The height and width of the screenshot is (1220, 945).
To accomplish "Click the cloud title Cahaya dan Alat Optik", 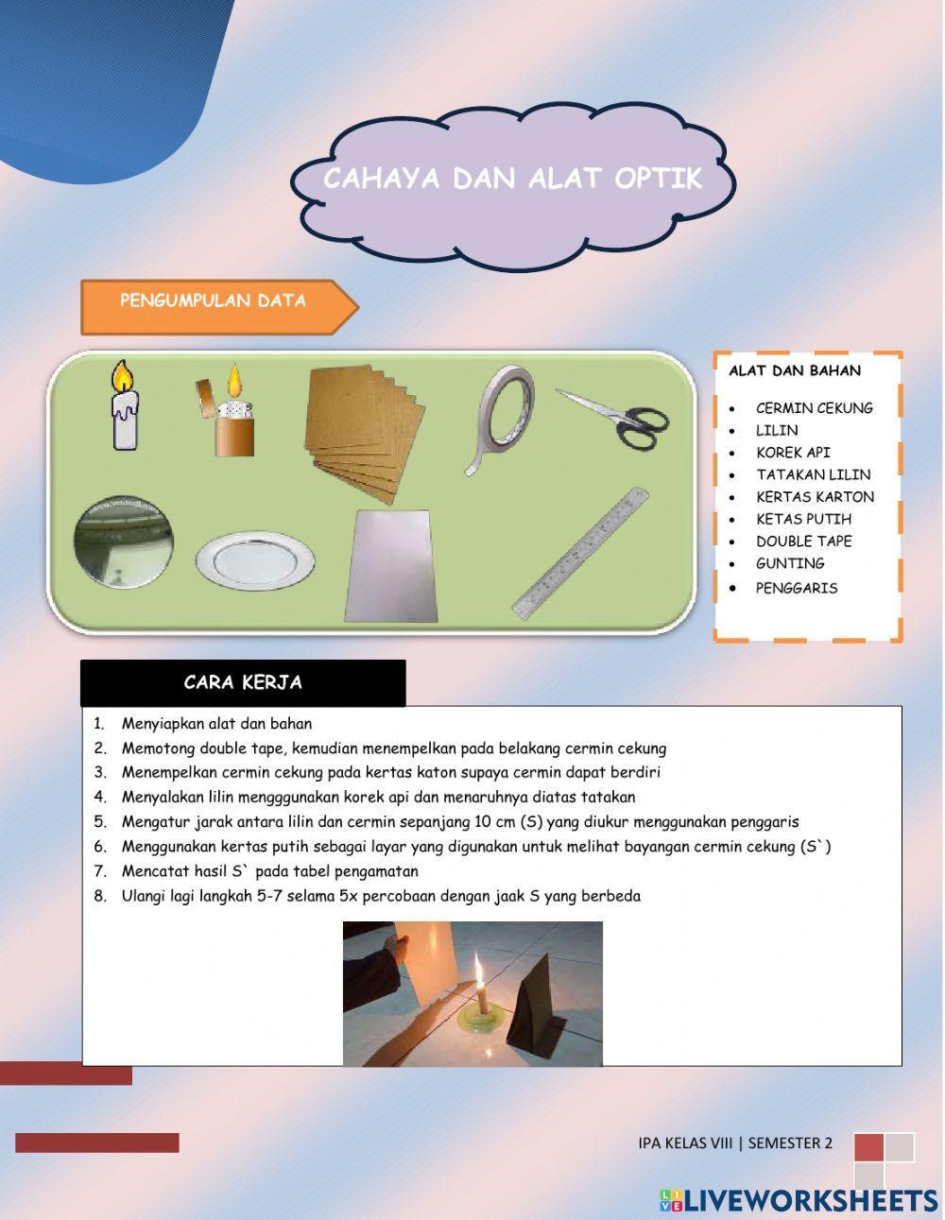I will coord(512,180).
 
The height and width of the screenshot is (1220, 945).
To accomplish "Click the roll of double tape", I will coord(502,417).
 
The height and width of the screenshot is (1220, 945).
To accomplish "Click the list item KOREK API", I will coord(792,453).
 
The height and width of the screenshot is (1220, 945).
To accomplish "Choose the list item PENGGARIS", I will coord(796,588).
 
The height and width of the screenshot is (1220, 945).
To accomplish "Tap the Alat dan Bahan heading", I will coord(794,371).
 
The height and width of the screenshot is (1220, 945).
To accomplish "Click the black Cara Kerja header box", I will coord(243,683).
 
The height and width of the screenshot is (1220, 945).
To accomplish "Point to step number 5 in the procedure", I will coord(100,822).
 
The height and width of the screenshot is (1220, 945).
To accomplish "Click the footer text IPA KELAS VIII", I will coord(685,1143).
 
